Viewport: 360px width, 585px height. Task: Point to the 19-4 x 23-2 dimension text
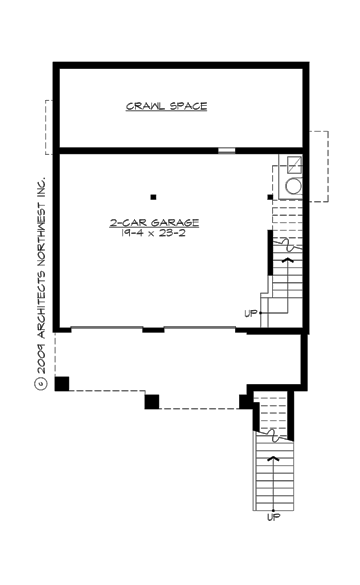coord(154,232)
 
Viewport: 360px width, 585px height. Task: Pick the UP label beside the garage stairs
coord(250,314)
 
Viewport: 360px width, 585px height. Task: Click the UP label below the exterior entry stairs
coord(273,517)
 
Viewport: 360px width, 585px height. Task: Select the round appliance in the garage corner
coord(295,185)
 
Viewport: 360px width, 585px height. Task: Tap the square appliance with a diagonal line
coord(295,165)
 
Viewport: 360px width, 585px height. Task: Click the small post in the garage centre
coord(153,196)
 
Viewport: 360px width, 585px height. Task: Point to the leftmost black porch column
coord(62,383)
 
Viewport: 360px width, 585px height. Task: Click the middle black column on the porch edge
coord(152,402)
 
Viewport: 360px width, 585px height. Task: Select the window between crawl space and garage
coord(227,151)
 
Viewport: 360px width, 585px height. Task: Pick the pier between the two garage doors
coord(153,329)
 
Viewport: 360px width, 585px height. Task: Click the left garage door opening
coord(107,329)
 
